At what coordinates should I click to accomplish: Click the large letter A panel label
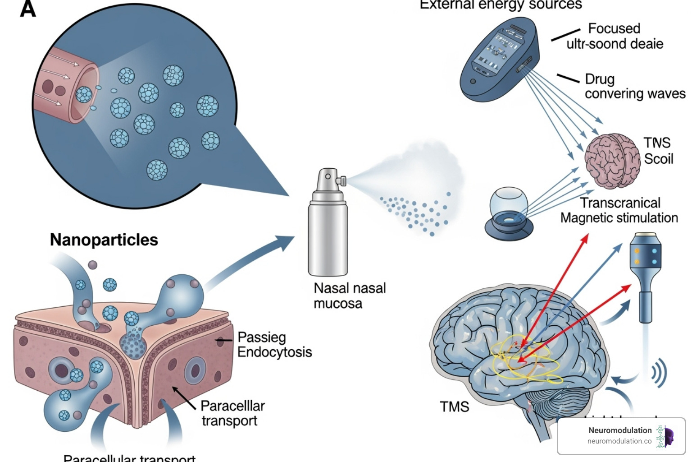(27, 9)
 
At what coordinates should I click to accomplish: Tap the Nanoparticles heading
(104, 240)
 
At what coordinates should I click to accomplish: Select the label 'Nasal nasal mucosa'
(349, 296)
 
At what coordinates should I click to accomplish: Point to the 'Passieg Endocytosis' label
(274, 345)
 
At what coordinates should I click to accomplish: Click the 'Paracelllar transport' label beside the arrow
(232, 413)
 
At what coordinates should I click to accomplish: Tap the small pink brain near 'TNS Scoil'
(612, 161)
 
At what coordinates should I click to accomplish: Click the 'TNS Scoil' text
(658, 151)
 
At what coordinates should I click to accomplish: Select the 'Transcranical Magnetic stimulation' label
(619, 210)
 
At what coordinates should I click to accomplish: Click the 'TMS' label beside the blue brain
(454, 407)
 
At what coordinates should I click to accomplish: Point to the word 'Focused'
(614, 28)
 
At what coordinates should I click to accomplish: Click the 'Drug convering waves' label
(634, 86)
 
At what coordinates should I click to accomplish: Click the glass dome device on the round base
(509, 212)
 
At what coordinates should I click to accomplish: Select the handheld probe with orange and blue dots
(645, 275)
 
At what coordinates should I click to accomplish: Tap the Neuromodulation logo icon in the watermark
(665, 436)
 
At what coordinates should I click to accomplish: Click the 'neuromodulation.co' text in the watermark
(619, 441)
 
